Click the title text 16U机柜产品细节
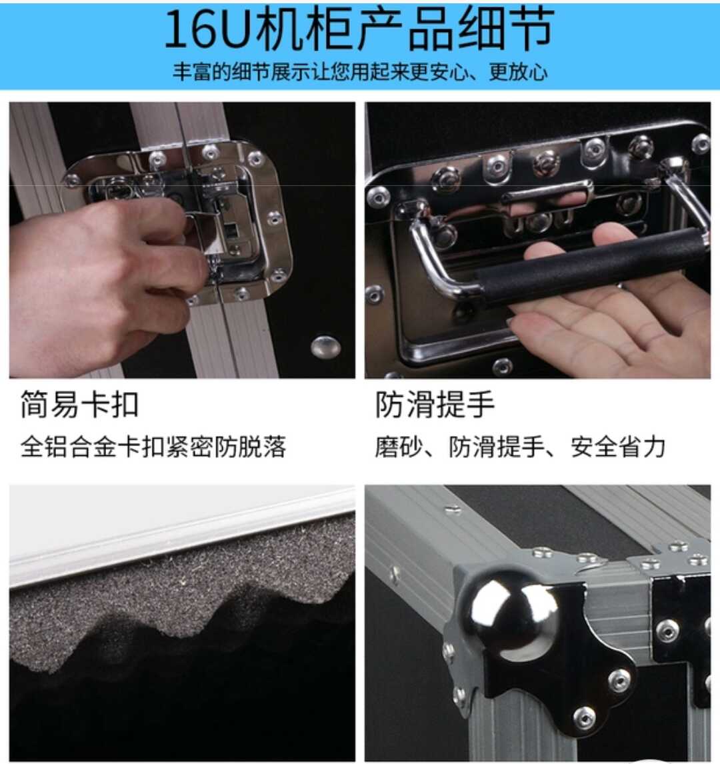click(x=359, y=29)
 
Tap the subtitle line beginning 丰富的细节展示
click(x=360, y=72)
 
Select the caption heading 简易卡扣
click(x=79, y=404)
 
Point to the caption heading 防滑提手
click(x=435, y=404)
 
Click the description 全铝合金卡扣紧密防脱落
click(x=153, y=446)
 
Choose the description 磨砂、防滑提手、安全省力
click(x=520, y=446)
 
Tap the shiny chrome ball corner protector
click(x=515, y=615)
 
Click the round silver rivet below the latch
click(x=325, y=346)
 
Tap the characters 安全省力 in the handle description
click(x=618, y=446)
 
